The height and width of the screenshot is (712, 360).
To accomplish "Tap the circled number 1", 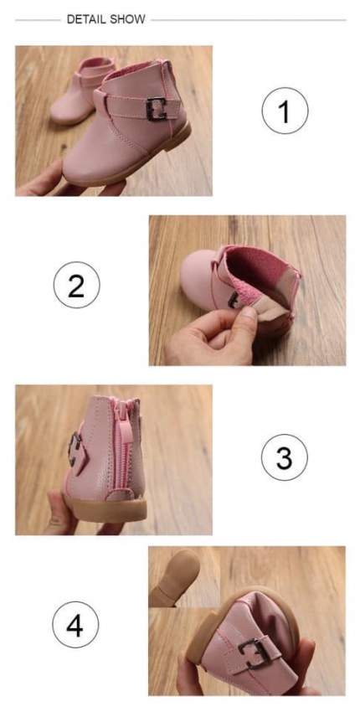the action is [285, 111].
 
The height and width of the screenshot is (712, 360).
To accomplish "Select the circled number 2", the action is [77, 285].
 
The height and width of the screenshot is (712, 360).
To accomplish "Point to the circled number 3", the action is [285, 457].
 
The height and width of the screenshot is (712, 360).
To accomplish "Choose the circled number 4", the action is [75, 624].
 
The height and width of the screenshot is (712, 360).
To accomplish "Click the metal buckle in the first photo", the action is [157, 110].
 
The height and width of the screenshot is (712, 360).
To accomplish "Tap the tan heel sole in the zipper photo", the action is [106, 509].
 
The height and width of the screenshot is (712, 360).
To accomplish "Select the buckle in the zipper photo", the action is [74, 449].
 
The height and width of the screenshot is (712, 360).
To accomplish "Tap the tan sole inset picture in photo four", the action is [174, 576].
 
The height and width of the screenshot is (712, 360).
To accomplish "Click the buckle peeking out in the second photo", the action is [233, 299].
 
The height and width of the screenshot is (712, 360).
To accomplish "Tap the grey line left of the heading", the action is [38, 20].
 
